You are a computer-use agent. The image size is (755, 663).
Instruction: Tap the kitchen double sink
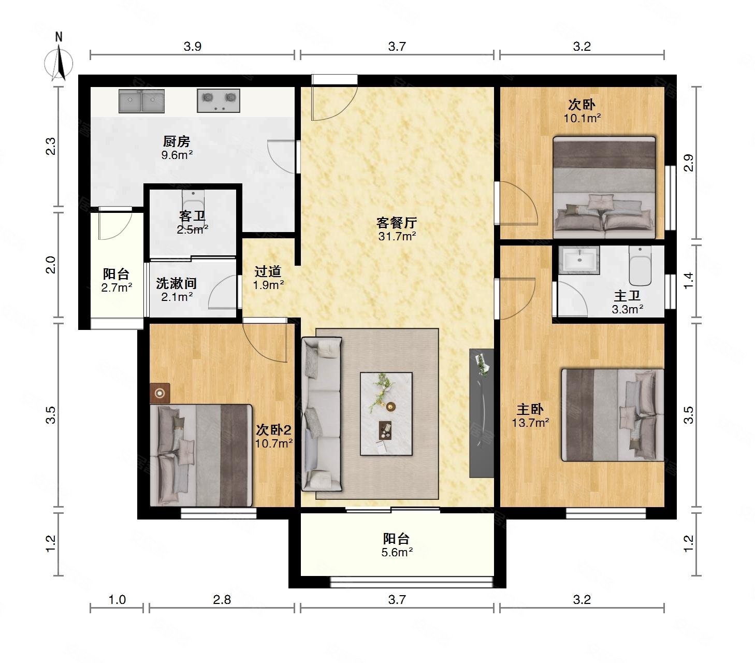(141, 100)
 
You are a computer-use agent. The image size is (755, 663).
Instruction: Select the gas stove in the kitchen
(219, 100)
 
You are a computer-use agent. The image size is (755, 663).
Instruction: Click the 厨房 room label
(176, 141)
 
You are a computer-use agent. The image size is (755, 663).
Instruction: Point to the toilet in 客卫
(193, 207)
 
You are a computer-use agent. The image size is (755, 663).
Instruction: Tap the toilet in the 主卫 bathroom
(640, 265)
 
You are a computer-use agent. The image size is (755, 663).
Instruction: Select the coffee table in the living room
(386, 413)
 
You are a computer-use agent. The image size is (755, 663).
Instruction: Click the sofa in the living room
(322, 414)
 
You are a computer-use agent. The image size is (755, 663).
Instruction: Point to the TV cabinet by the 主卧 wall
(482, 413)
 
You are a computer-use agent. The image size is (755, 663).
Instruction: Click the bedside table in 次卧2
(160, 393)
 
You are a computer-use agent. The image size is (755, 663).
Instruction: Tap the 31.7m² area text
(397, 236)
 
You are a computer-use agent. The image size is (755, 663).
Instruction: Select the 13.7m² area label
(530, 423)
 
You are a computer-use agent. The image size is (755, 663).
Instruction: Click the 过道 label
(268, 271)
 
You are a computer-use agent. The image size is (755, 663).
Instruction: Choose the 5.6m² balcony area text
(397, 552)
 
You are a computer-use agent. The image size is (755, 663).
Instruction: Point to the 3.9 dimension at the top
(192, 46)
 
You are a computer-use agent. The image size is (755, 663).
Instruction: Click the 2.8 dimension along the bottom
(222, 600)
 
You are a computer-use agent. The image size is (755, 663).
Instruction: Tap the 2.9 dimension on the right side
(688, 163)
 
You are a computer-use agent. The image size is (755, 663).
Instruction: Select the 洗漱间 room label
(176, 283)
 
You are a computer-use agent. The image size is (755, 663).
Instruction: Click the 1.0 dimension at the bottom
(117, 600)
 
